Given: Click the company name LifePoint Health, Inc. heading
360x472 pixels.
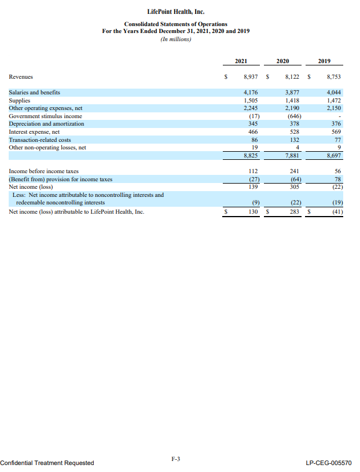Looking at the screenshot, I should point(175,11).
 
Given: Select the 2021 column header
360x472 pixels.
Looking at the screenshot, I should point(241,61).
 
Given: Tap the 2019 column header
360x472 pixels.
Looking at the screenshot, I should point(325,61).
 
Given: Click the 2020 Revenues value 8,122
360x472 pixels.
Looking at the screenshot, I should point(292,76).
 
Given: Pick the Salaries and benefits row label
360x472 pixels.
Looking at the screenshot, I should point(35,92).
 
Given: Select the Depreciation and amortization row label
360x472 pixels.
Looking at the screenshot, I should point(47,124).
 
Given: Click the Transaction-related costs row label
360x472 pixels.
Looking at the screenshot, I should point(41,140).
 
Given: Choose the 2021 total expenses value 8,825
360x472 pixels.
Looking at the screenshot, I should point(251,155).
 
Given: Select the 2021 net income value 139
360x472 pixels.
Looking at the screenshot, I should point(252,186).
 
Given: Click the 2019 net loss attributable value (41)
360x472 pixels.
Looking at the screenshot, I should point(337,212).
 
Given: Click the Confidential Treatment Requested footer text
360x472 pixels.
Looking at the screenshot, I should point(47,463).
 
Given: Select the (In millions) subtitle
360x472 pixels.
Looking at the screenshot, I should point(175,39).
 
